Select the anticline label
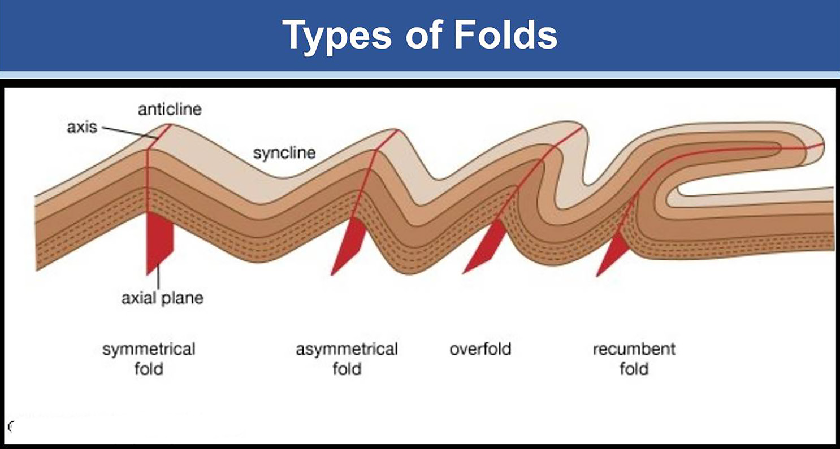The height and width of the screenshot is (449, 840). tap(170, 109)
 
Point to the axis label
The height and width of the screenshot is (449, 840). tap(82, 127)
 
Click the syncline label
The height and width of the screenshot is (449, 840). tap(284, 153)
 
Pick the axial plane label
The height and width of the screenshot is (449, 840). tap(162, 298)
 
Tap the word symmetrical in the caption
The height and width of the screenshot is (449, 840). tap(149, 349)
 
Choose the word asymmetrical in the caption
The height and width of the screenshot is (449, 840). tap(347, 349)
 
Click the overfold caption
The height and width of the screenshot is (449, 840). tap(480, 349)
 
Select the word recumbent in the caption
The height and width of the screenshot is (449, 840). tap(634, 349)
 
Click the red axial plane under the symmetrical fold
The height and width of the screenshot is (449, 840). tap(159, 242)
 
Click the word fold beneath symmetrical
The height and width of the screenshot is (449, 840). tap(149, 369)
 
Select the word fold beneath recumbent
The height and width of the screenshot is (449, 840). tap(634, 369)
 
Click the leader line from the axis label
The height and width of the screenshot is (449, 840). tap(130, 133)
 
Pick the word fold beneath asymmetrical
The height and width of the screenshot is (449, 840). tap(347, 369)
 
